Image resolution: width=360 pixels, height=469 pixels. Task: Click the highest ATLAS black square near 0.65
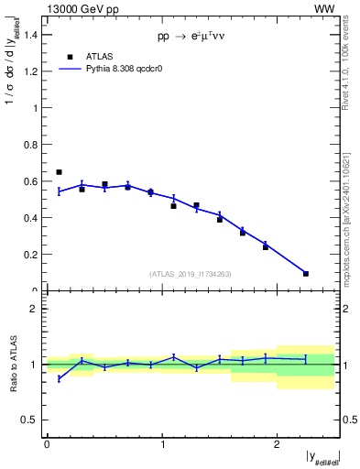tap(59, 172)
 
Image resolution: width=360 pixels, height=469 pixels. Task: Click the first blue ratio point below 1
tap(59, 378)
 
